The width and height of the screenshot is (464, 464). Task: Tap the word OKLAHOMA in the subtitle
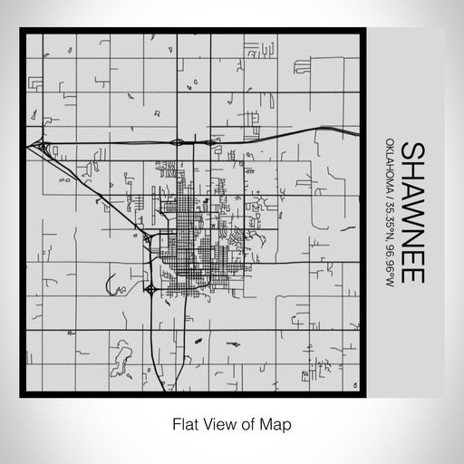[x=388, y=171]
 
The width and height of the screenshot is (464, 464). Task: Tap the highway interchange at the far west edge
[x=39, y=145]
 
